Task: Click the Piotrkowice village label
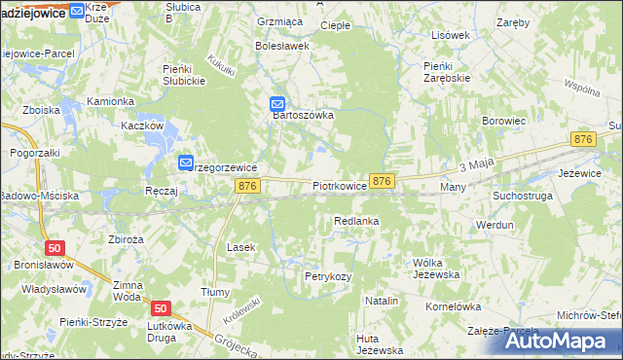(340, 185)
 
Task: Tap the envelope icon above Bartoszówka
(277, 102)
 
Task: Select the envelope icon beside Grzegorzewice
(186, 163)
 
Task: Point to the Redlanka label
(355, 222)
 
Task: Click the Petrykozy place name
(327, 277)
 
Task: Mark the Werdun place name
(495, 225)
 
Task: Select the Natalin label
(382, 302)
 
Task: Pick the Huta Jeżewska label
(380, 344)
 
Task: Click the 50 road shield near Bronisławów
(55, 248)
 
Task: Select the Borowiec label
(504, 121)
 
